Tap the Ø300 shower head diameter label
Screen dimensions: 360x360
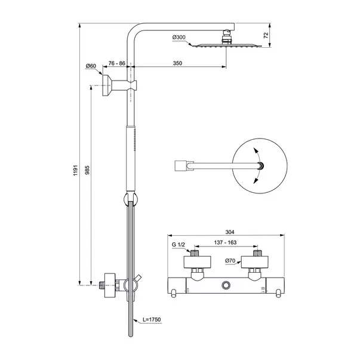point(179,38)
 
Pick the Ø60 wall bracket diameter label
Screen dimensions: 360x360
point(91,66)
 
